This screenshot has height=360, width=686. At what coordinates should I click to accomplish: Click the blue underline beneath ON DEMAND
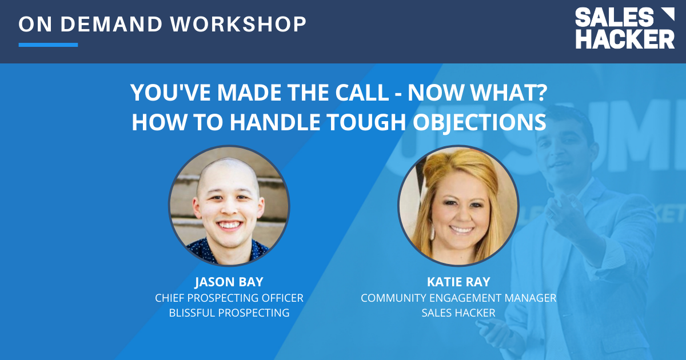pos(48,45)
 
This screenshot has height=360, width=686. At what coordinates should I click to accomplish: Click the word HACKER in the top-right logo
pos(624,39)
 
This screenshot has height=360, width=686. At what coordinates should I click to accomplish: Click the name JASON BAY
pos(229,283)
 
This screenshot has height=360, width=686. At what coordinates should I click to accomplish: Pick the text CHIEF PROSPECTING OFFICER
pos(229,298)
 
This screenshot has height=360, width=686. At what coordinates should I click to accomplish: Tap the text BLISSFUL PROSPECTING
pos(229,313)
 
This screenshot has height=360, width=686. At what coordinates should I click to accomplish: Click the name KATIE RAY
pos(458,283)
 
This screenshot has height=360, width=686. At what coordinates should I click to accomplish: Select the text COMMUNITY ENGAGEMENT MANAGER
pos(458,298)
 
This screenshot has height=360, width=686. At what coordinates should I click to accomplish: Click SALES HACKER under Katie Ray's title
pos(458,313)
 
